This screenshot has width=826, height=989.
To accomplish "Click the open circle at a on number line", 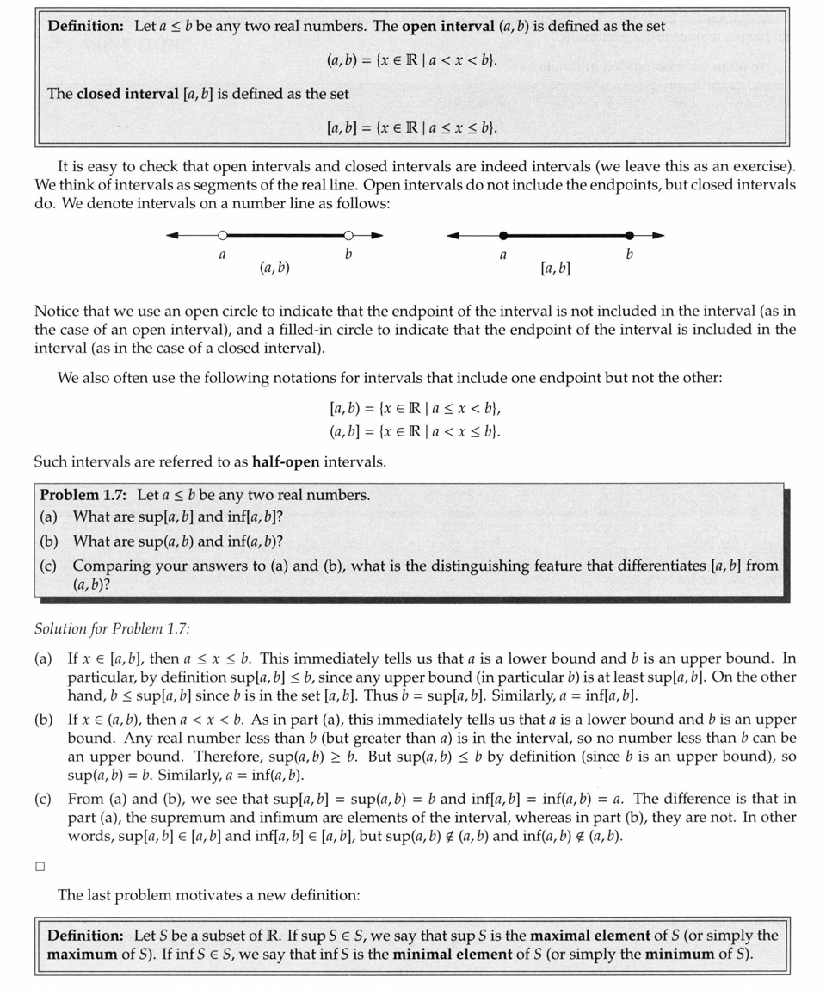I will pyautogui.click(x=223, y=235).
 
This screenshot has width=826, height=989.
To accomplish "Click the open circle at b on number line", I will pyautogui.click(x=348, y=235).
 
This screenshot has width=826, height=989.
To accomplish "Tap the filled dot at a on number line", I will pyautogui.click(x=503, y=235).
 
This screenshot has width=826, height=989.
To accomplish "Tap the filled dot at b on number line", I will pyautogui.click(x=630, y=235).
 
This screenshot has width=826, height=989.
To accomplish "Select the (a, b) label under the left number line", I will pyautogui.click(x=274, y=269).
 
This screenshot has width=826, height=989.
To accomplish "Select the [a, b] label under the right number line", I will pyautogui.click(x=555, y=269).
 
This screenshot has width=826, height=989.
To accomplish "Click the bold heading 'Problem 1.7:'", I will pyautogui.click(x=84, y=495).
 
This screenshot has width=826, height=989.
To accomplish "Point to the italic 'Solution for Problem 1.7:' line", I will pyautogui.click(x=113, y=629).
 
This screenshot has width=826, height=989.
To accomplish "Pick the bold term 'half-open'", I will pyautogui.click(x=286, y=461).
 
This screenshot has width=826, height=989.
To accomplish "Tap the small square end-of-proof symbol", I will pyautogui.click(x=40, y=866).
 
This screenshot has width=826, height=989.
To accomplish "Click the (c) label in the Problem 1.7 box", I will pyautogui.click(x=48, y=566).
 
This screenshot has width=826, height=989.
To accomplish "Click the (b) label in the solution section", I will pyautogui.click(x=43, y=719).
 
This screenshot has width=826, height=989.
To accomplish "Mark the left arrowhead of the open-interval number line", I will pyautogui.click(x=172, y=235).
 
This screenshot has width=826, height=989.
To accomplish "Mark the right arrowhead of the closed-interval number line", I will pyautogui.click(x=658, y=235).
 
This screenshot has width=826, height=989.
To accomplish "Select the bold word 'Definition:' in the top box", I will pyautogui.click(x=86, y=26).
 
